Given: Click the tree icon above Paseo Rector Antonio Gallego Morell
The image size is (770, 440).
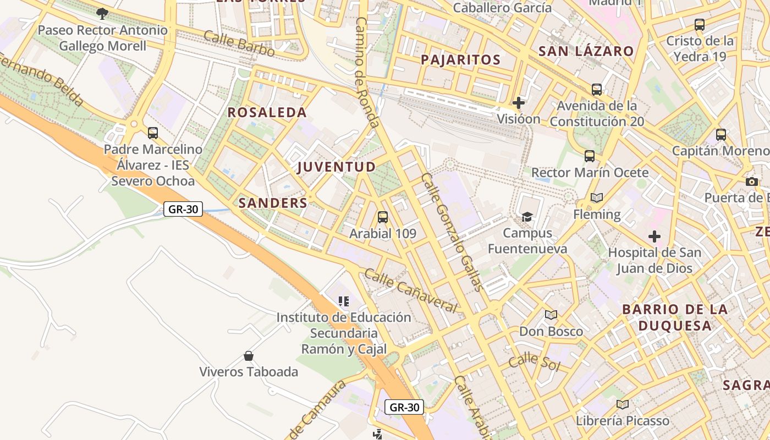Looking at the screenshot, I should click(102, 13).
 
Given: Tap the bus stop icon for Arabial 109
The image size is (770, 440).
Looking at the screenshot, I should click(383, 217).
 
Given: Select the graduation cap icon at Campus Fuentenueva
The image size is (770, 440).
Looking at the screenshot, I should click(527, 217).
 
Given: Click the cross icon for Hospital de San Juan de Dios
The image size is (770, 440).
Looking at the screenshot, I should click(654, 237).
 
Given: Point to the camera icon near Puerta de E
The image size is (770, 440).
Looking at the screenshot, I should click(751, 182).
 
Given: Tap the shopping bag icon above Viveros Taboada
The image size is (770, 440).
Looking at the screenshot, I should click(249, 356).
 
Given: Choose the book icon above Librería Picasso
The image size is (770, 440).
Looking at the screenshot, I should click(622, 405).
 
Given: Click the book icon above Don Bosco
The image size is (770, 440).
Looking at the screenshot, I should click(551, 315).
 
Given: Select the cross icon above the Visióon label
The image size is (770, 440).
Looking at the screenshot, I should click(518, 102).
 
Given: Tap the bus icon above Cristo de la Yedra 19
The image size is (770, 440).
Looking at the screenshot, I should click(699, 25).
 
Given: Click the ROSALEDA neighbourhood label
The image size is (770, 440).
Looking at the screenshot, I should click(267, 113).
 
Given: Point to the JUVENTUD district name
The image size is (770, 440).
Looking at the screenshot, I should click(336, 167).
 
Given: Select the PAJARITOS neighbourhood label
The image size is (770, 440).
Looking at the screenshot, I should click(460, 60).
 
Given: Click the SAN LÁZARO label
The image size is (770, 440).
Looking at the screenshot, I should click(586, 52).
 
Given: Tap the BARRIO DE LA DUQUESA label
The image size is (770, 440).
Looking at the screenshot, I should click(675, 317).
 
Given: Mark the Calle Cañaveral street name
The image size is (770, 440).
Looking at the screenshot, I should click(410, 291).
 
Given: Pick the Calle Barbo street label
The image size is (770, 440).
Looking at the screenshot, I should click(239, 43).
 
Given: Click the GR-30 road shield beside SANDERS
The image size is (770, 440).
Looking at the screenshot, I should click(183, 209).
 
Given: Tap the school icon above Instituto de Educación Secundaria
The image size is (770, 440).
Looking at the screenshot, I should click(344, 301).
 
